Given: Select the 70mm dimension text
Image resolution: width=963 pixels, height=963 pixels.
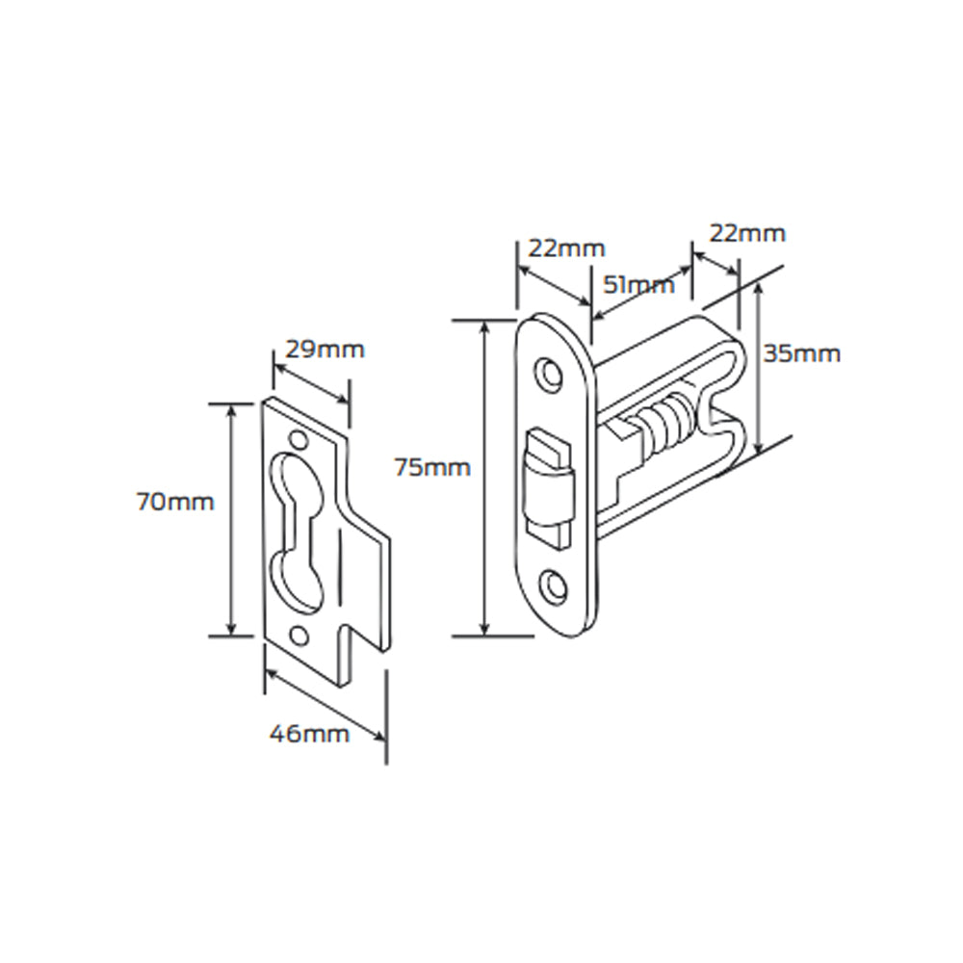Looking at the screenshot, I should click(175, 502).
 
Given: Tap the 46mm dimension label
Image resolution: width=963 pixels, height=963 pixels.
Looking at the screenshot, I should click(308, 734).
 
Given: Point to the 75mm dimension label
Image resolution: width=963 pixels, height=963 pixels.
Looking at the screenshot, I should click(432, 468).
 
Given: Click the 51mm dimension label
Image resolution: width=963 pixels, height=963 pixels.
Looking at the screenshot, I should click(638, 284).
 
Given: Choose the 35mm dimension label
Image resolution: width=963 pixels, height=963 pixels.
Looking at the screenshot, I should click(801, 353).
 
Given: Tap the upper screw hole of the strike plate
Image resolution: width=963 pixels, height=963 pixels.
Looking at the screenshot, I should click(298, 441).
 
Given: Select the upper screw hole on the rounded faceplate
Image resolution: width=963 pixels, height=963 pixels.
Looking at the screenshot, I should click(549, 373).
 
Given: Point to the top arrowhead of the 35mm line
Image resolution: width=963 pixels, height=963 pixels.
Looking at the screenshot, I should click(761, 293).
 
